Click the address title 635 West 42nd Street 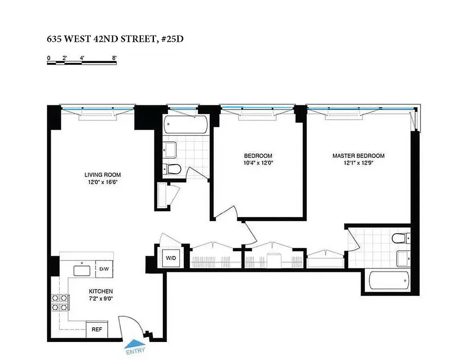[x=115, y=39]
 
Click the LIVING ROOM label [x=103, y=175]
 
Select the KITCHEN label [x=100, y=291]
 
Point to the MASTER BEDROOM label [x=358, y=156]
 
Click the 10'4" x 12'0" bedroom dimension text [x=256, y=163]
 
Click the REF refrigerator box [x=97, y=329]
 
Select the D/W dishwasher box [x=104, y=269]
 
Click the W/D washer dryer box [x=171, y=258]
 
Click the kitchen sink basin [x=83, y=270]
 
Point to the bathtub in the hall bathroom [x=186, y=124]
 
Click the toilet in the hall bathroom [x=172, y=169]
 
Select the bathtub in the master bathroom [x=389, y=281]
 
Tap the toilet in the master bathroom [x=400, y=238]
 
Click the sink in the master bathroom [x=403, y=258]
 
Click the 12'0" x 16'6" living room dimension [x=103, y=182]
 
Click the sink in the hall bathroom [x=170, y=149]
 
